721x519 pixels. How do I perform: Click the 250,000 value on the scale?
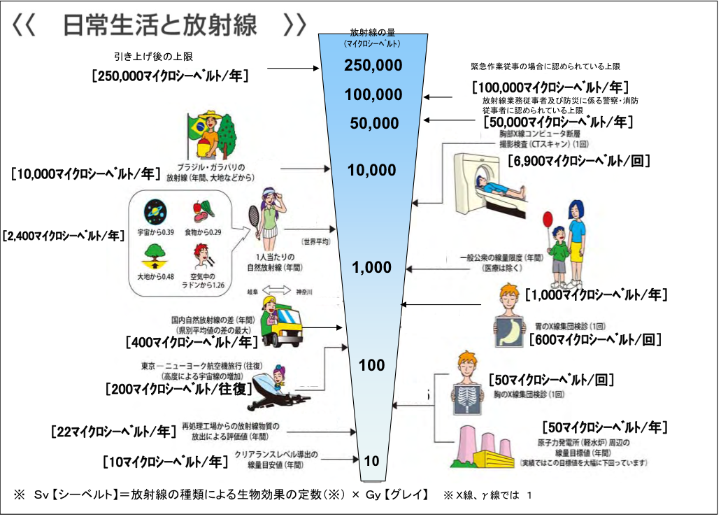[373, 66]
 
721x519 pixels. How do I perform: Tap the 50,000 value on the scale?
[374, 124]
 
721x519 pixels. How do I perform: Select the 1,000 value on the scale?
[372, 268]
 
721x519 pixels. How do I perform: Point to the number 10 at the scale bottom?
[371, 460]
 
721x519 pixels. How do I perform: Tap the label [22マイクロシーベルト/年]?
[113, 431]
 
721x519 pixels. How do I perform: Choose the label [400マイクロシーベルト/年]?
[191, 342]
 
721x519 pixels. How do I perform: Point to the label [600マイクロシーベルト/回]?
[595, 340]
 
